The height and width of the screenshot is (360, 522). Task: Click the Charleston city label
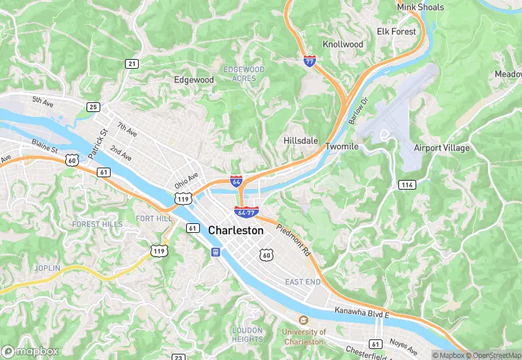pyautogui.click(x=236, y=231)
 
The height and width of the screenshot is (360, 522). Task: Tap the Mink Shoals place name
pyautogui.click(x=420, y=8)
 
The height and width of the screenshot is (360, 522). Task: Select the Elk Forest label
pyautogui.click(x=396, y=32)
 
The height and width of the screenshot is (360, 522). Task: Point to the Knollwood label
pyautogui.click(x=343, y=44)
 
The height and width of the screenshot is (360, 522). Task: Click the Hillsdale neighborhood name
pyautogui.click(x=301, y=140)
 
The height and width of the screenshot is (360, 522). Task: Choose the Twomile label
pyautogui.click(x=341, y=147)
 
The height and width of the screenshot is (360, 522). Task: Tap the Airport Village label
pyautogui.click(x=442, y=148)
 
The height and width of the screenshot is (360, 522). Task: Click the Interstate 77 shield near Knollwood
pyautogui.click(x=310, y=60)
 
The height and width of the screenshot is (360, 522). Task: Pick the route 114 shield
pyautogui.click(x=407, y=185)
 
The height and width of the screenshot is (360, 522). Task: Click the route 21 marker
pyautogui.click(x=131, y=63)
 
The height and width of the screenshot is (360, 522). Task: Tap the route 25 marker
pyautogui.click(x=93, y=106)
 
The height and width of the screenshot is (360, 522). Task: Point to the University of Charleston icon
pyautogui.click(x=303, y=320)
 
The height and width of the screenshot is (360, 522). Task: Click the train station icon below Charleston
pyautogui.click(x=216, y=251)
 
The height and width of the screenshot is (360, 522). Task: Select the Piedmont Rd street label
pyautogui.click(x=295, y=240)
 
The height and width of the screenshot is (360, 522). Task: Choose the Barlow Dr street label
pyautogui.click(x=359, y=110)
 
